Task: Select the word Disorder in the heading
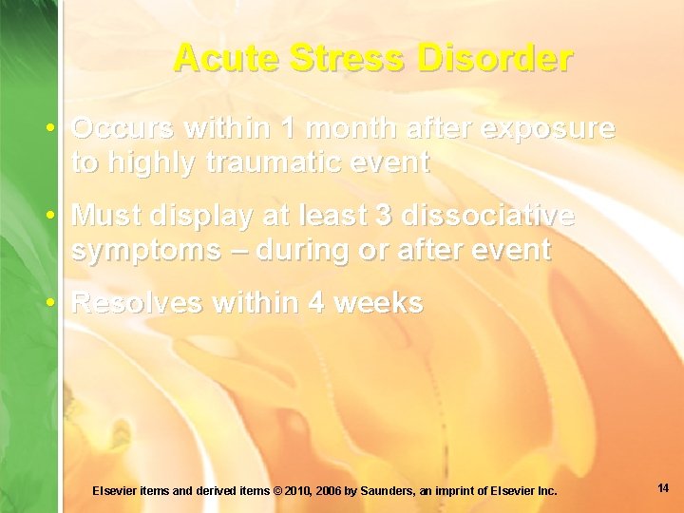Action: coord(504,58)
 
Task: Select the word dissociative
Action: coord(488,216)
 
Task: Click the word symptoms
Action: coord(139,251)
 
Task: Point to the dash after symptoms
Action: coord(225,251)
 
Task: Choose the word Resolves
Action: coord(139,303)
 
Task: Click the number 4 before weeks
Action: coord(315,303)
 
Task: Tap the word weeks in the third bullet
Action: coord(379,303)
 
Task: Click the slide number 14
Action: coord(662,488)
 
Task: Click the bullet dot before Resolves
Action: coord(58,303)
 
